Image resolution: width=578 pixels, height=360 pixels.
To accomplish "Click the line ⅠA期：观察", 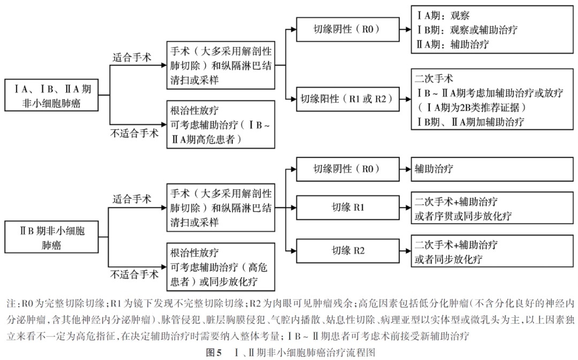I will click(444, 16).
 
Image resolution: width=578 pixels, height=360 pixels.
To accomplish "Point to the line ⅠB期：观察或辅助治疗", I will click(467, 30).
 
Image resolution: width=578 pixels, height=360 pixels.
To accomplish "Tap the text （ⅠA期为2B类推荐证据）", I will click(471, 108).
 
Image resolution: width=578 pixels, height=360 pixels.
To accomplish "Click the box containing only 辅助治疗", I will click(492, 169).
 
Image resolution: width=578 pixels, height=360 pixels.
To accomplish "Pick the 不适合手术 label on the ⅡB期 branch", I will click(134, 275).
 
